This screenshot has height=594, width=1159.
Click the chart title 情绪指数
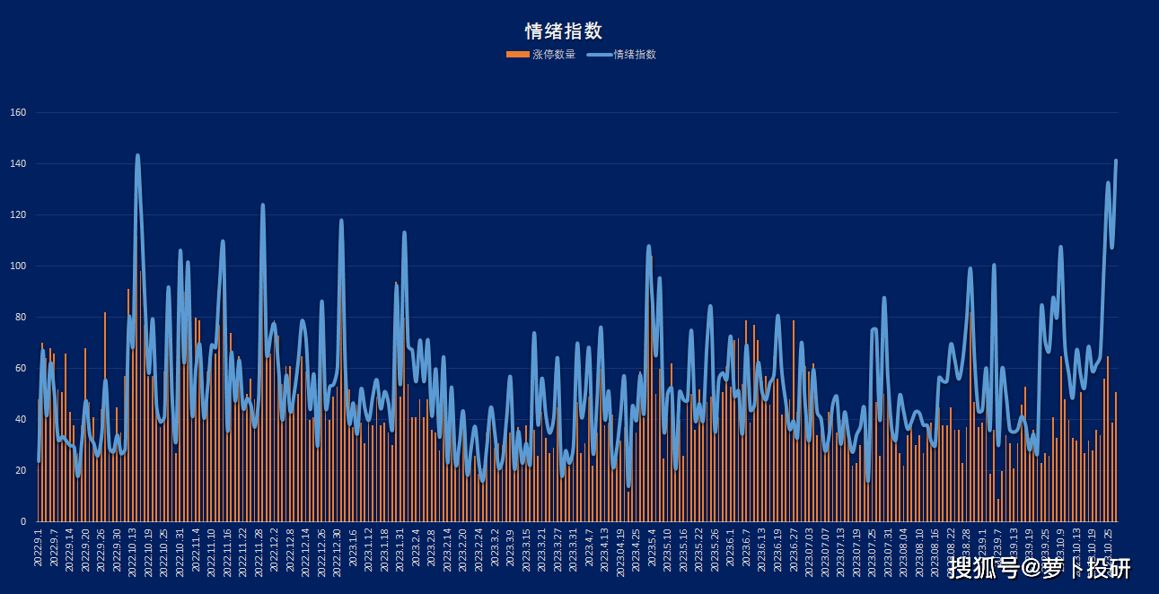[563, 31]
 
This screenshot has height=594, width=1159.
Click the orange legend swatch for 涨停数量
[517, 55]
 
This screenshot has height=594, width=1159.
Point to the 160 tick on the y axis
[18, 113]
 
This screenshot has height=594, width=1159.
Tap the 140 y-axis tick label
[18, 164]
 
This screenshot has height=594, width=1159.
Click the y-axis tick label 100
[18, 266]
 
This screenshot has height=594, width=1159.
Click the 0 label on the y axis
[22, 522]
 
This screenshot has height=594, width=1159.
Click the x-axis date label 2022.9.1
[39, 546]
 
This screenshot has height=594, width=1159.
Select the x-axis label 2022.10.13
[133, 550]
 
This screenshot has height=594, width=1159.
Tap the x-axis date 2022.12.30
[338, 550]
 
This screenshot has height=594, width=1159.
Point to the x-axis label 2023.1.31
[400, 548]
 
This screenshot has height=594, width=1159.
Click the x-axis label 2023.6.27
[794, 548]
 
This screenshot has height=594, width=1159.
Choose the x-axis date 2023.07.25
[872, 550]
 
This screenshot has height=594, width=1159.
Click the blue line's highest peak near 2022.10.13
[137, 155]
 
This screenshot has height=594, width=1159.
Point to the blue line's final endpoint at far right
[1116, 161]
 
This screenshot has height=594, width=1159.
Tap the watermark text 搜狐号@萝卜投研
[1039, 568]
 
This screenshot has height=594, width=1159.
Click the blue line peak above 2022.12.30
[341, 221]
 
